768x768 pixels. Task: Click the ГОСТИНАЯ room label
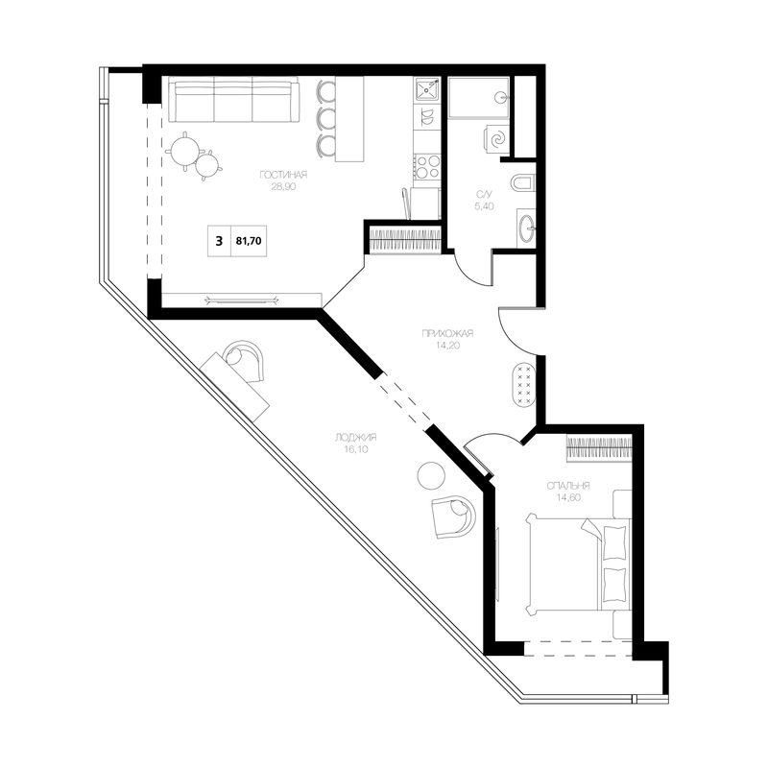[283, 175]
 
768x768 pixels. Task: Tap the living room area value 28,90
[283, 186]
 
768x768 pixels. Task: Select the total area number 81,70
[249, 241]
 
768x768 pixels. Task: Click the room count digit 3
[219, 241]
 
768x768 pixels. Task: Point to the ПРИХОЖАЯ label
[447, 333]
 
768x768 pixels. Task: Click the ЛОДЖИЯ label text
[356, 438]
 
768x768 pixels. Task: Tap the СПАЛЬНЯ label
[568, 486]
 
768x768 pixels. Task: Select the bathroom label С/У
[484, 195]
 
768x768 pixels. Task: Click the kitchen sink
[427, 89]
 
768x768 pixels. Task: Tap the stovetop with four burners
[427, 166]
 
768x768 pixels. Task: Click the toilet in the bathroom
[523, 183]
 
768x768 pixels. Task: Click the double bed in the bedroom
[577, 564]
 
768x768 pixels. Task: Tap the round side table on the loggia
[431, 475]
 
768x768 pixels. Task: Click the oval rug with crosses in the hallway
[524, 385]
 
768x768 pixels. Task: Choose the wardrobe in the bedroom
[599, 448]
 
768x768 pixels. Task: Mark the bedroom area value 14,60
[568, 497]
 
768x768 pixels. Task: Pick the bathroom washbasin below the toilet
[526, 228]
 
